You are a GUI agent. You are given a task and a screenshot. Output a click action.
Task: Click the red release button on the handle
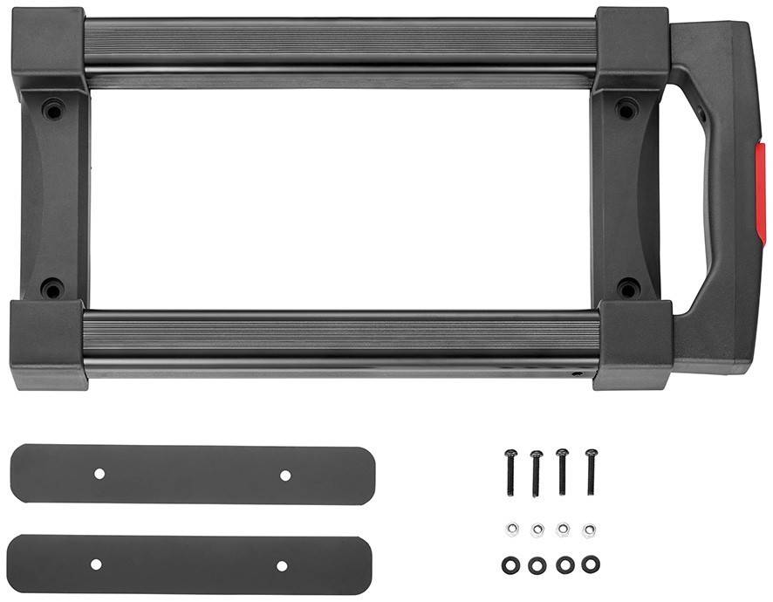tap(760, 194)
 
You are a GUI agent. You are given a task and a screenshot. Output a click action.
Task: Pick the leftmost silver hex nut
tap(512, 529)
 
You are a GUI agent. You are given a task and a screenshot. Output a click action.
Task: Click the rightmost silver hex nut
tap(590, 530)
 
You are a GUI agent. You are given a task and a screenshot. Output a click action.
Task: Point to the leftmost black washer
tap(511, 564)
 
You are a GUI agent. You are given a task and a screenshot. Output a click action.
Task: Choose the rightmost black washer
tap(591, 564)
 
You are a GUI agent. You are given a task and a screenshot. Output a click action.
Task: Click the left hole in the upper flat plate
tap(99, 474)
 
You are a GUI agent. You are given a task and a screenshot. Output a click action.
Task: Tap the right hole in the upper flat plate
tap(285, 475)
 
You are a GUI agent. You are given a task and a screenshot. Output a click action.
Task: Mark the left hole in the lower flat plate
tap(96, 564)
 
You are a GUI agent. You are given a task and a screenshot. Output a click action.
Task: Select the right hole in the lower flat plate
tap(282, 565)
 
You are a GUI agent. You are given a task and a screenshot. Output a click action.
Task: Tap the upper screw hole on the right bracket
tap(626, 110)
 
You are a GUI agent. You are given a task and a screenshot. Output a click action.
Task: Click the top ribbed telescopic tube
tap(340, 40)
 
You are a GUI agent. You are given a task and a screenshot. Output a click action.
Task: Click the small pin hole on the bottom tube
tap(576, 373)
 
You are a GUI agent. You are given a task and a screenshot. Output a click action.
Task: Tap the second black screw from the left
tap(537, 471)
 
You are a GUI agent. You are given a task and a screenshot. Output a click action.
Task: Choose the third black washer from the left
tap(564, 564)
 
